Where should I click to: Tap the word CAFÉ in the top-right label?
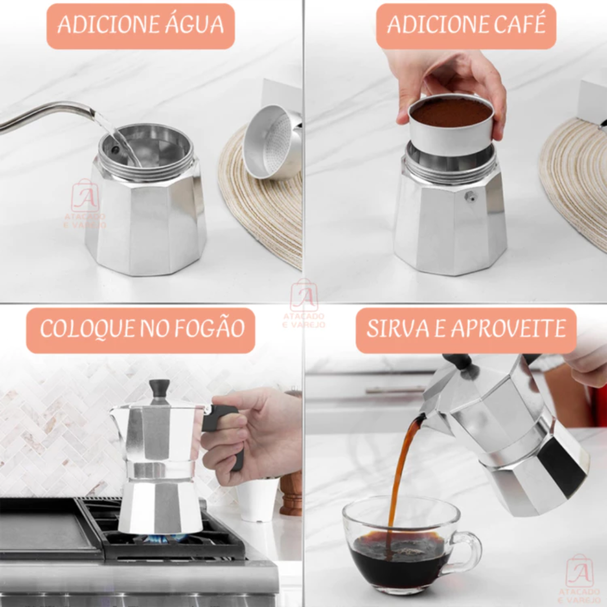(519, 24)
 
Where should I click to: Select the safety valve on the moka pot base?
(471, 196)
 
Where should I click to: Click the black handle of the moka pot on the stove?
(224, 430)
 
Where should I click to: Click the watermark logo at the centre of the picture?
(304, 305)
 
